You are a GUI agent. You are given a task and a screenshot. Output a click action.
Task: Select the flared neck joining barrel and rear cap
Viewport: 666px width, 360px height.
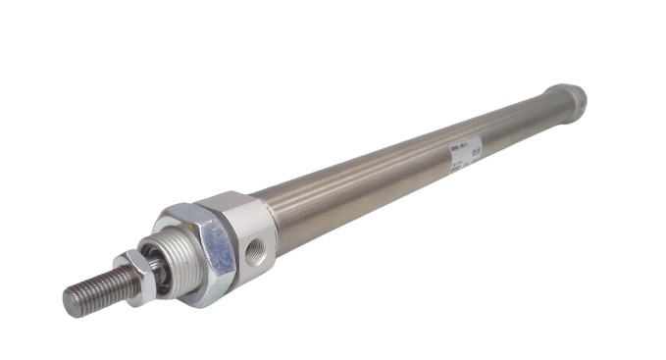544,109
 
